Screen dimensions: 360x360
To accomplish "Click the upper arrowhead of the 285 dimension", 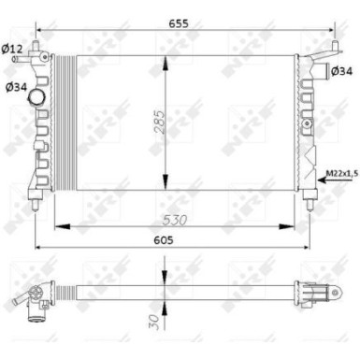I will point(166,59).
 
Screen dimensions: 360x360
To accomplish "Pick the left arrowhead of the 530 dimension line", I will point(58,225).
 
